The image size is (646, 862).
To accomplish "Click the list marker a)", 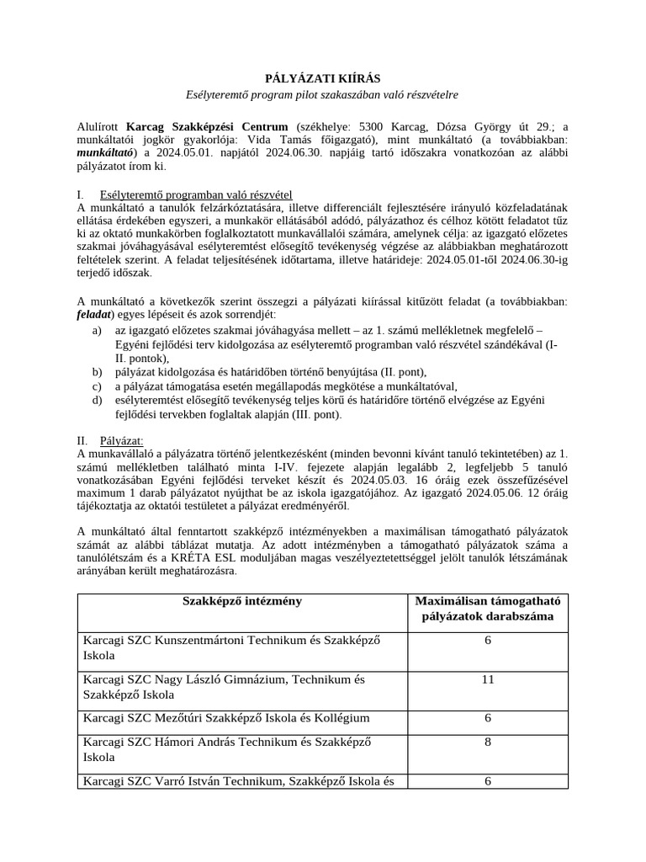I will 98,332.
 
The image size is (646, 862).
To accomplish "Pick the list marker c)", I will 98,386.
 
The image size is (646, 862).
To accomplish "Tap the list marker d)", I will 98,401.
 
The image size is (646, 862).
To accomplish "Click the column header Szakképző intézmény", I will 242,602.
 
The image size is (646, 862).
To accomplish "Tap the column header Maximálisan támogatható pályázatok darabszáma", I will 487,610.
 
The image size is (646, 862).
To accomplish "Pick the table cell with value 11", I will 487,679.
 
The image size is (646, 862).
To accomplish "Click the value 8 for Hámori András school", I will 487,742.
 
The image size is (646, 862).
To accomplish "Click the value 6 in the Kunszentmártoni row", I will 487,641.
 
